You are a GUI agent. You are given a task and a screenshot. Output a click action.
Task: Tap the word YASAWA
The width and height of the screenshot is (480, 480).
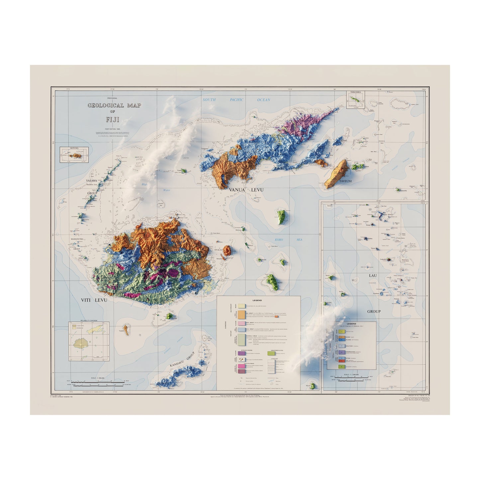pos(91,180)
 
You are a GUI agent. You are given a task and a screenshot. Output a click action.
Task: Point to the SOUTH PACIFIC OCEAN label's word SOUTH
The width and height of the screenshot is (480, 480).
pos(210,100)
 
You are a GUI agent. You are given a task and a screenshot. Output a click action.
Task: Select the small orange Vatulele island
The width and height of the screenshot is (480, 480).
pos(126,330)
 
